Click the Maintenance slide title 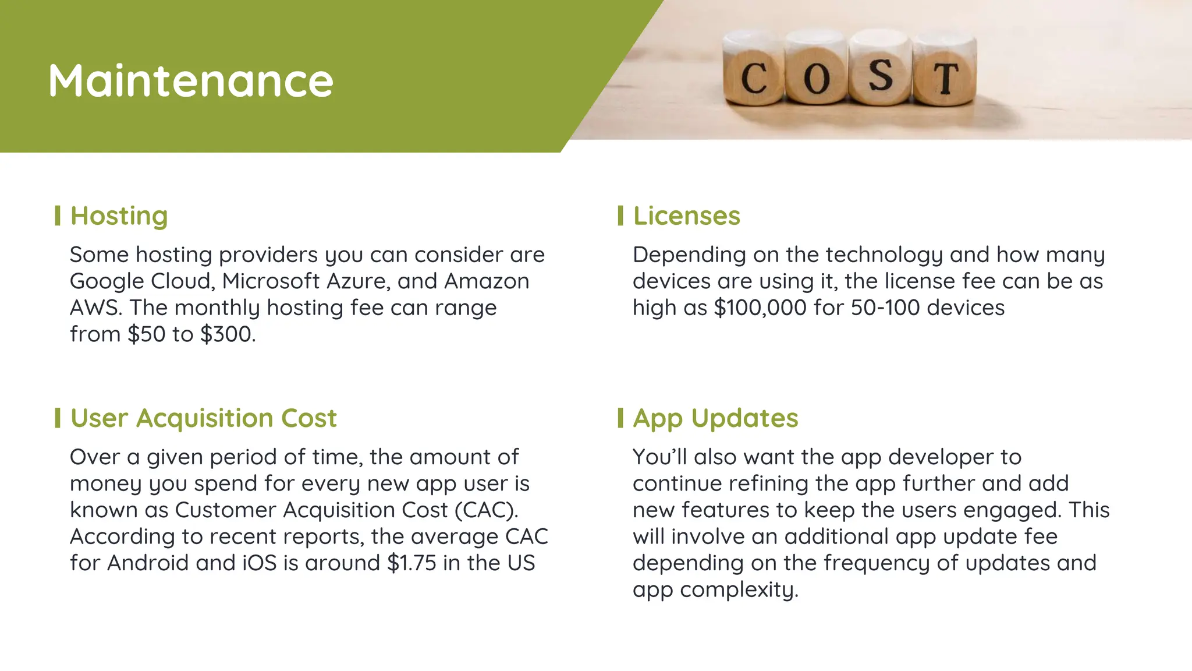(191, 80)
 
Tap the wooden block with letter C (754, 70)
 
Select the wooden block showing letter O (817, 70)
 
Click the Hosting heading (119, 216)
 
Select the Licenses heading (687, 216)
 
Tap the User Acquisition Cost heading (204, 418)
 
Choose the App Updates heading (716, 418)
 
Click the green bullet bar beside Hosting (58, 216)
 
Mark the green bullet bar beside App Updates (620, 418)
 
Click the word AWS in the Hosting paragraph (95, 308)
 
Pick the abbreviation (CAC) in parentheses (486, 510)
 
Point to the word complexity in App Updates (739, 590)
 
